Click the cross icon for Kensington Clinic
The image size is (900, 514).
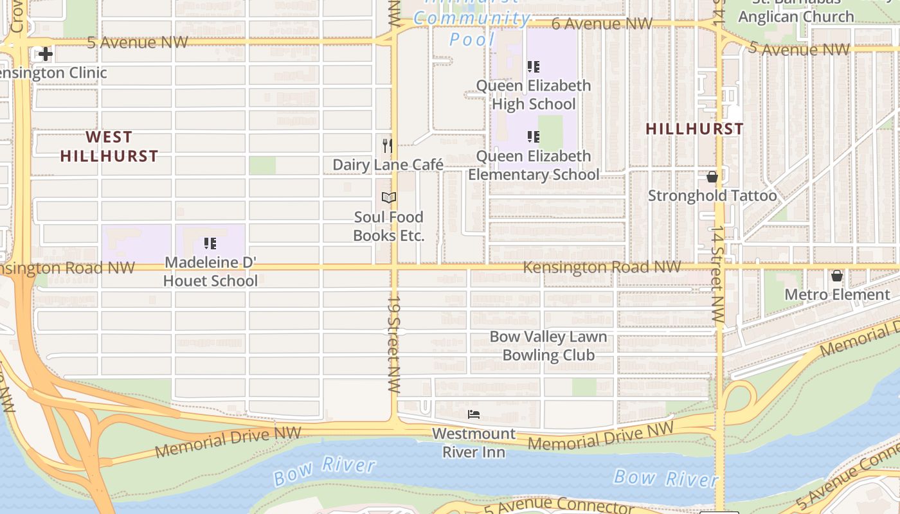[45, 54]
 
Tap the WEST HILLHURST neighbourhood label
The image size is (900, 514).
[109, 146]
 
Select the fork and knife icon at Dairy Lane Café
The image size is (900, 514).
[388, 146]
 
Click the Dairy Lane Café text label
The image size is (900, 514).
[388, 165]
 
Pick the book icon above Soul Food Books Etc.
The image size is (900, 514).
[388, 197]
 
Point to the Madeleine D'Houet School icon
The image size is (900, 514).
[210, 244]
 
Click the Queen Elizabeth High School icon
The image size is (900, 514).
[533, 66]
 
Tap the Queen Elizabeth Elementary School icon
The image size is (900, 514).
[533, 137]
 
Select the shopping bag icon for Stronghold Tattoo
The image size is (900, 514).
[712, 177]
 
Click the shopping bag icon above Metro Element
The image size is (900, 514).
[836, 276]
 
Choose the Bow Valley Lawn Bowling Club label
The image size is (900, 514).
[548, 346]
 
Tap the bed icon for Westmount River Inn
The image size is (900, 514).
[474, 414]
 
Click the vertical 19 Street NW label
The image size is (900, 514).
[393, 344]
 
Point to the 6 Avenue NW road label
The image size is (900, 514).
[602, 24]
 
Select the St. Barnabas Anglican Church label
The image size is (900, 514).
[796, 13]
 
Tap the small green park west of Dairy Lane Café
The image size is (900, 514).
[262, 165]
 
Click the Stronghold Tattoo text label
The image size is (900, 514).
[712, 195]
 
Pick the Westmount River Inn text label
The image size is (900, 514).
[474, 443]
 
